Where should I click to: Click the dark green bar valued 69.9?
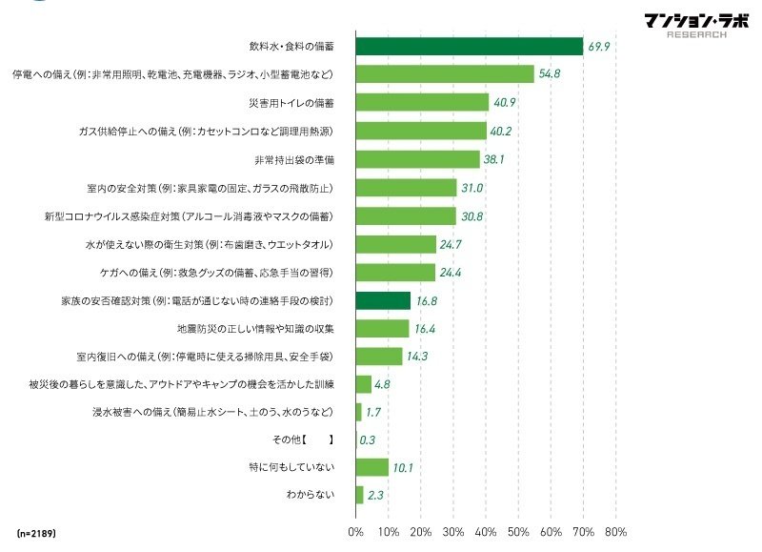tap(469, 46)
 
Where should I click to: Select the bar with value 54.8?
tap(445, 73)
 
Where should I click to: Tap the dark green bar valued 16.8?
tap(383, 300)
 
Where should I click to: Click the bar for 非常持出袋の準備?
tap(417, 159)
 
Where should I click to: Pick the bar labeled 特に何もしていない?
tap(372, 467)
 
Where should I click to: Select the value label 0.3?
tap(367, 440)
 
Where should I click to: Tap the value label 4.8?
tap(383, 384)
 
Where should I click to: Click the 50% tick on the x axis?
tap(518, 532)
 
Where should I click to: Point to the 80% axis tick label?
tap(615, 532)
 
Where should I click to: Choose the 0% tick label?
tap(356, 532)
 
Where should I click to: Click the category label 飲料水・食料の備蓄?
tap(290, 46)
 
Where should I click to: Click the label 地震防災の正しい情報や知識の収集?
tap(254, 329)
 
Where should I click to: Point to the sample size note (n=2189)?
tap(36, 531)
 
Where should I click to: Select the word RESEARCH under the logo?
tap(697, 34)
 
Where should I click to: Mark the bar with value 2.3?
tap(360, 496)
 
